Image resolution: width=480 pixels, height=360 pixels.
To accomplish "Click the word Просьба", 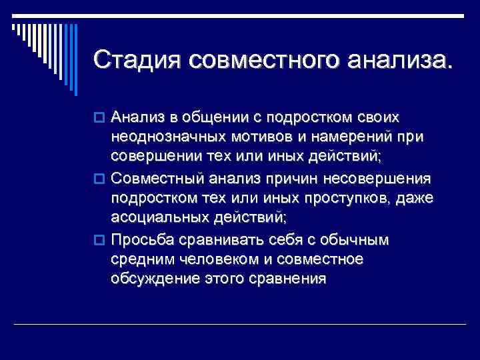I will [x=141, y=240].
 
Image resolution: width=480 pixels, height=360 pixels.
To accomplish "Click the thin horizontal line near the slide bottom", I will [x=240, y=325].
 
